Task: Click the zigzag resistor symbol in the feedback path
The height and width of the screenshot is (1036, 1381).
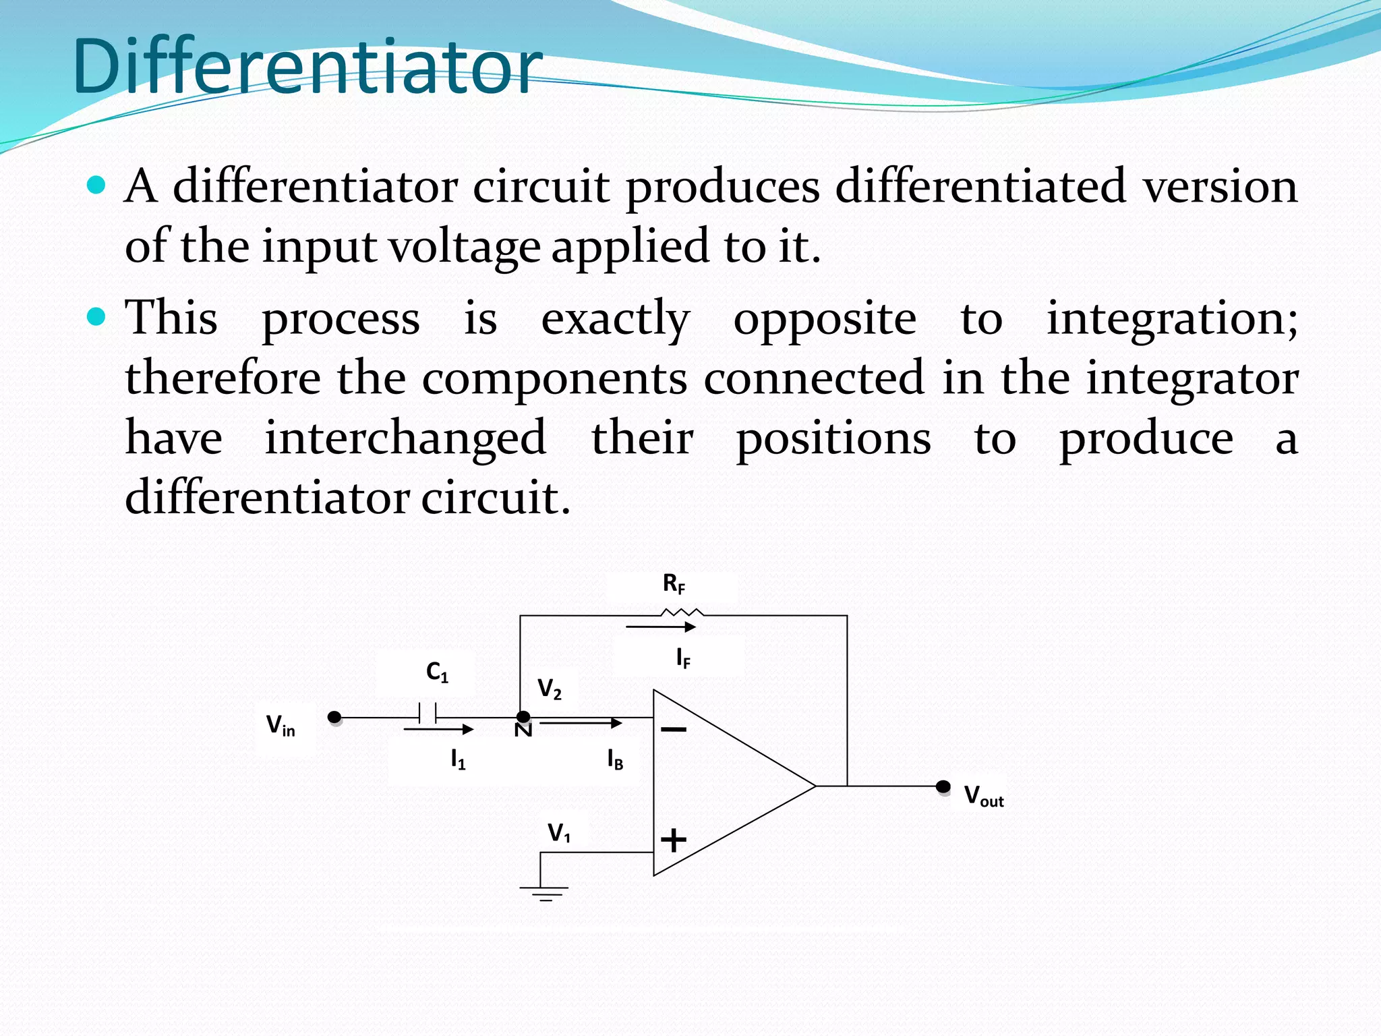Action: tap(682, 613)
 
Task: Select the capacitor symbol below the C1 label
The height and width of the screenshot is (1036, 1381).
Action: tap(427, 714)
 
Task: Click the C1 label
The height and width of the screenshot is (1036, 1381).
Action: tap(437, 672)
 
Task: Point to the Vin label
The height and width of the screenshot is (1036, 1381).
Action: tap(281, 726)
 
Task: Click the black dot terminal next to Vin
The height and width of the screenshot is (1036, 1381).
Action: tap(334, 717)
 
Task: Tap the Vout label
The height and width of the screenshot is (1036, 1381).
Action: tap(984, 797)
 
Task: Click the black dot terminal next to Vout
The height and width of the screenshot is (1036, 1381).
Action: tap(943, 786)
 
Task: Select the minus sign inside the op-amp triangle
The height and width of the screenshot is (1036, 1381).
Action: tap(674, 729)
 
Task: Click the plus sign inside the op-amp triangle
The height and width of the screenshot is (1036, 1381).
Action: tap(674, 840)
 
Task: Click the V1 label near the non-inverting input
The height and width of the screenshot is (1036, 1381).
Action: tap(559, 833)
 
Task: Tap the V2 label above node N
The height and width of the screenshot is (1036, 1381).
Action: tap(549, 689)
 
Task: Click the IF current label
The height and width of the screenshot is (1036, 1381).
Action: tap(683, 658)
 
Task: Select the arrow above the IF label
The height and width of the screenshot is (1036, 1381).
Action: tap(661, 627)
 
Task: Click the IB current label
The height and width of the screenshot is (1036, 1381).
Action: tap(615, 760)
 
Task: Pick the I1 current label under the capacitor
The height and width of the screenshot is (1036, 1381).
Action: tap(458, 760)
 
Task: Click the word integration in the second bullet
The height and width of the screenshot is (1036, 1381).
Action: tap(1171, 318)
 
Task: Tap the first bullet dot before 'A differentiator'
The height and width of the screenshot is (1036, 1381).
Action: tap(97, 185)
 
